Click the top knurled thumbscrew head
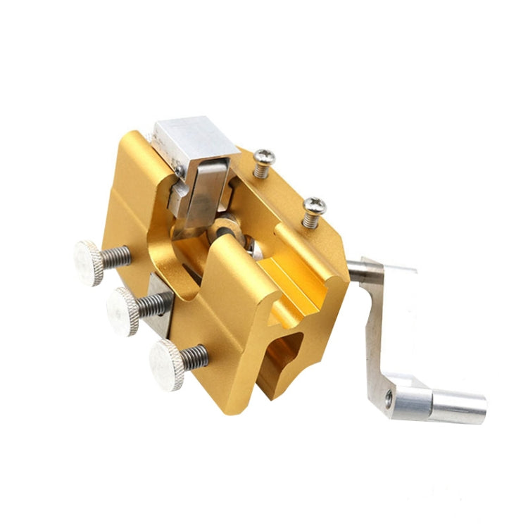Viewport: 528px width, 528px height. tap(89, 262)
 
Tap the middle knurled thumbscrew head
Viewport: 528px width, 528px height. tap(122, 310)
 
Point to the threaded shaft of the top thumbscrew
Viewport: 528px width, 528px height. tap(117, 256)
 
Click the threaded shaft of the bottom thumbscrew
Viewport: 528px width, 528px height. tap(195, 356)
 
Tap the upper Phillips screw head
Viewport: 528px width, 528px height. tap(264, 158)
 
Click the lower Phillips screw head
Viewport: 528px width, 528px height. tap(313, 206)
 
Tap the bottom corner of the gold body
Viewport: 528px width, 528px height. tap(229, 408)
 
